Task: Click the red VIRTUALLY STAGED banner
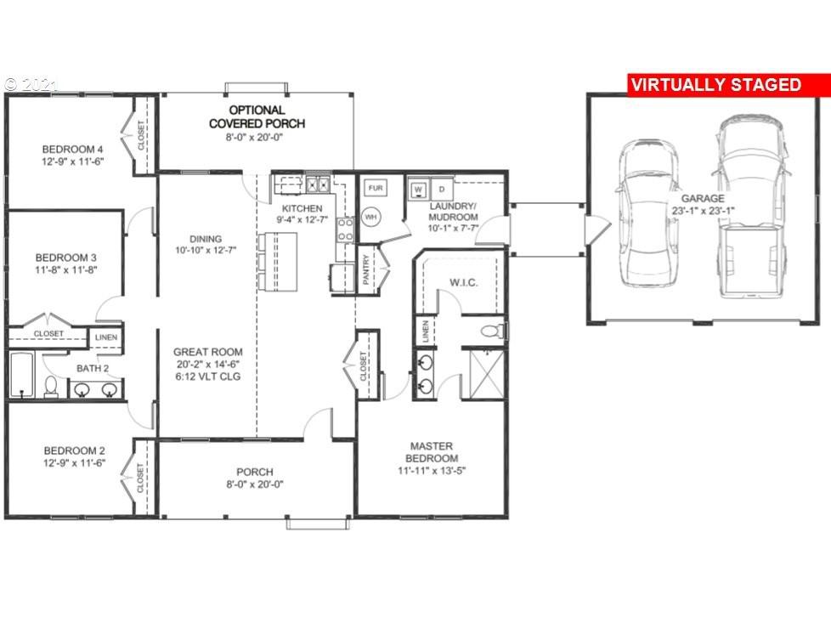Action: [x=729, y=85]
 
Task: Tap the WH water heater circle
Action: [x=371, y=217]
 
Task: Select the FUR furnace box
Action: [x=376, y=188]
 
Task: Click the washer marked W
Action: [x=419, y=190]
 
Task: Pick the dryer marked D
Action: [x=442, y=189]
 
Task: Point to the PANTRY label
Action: [x=365, y=269]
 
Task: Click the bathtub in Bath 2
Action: [x=22, y=374]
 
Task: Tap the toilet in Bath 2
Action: [x=51, y=387]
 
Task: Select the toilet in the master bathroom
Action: [x=493, y=331]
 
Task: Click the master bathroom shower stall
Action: [x=487, y=373]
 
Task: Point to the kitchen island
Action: [x=277, y=262]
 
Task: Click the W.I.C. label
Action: [x=463, y=283]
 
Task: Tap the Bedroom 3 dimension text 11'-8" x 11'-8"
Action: [x=66, y=270]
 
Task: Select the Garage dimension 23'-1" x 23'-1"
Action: [x=703, y=211]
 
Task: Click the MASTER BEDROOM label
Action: [x=432, y=452]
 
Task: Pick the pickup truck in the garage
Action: [x=750, y=207]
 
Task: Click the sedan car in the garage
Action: [x=647, y=213]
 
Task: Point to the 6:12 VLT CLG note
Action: [x=207, y=377]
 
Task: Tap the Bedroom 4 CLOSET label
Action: [x=141, y=135]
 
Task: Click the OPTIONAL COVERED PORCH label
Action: [x=257, y=116]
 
